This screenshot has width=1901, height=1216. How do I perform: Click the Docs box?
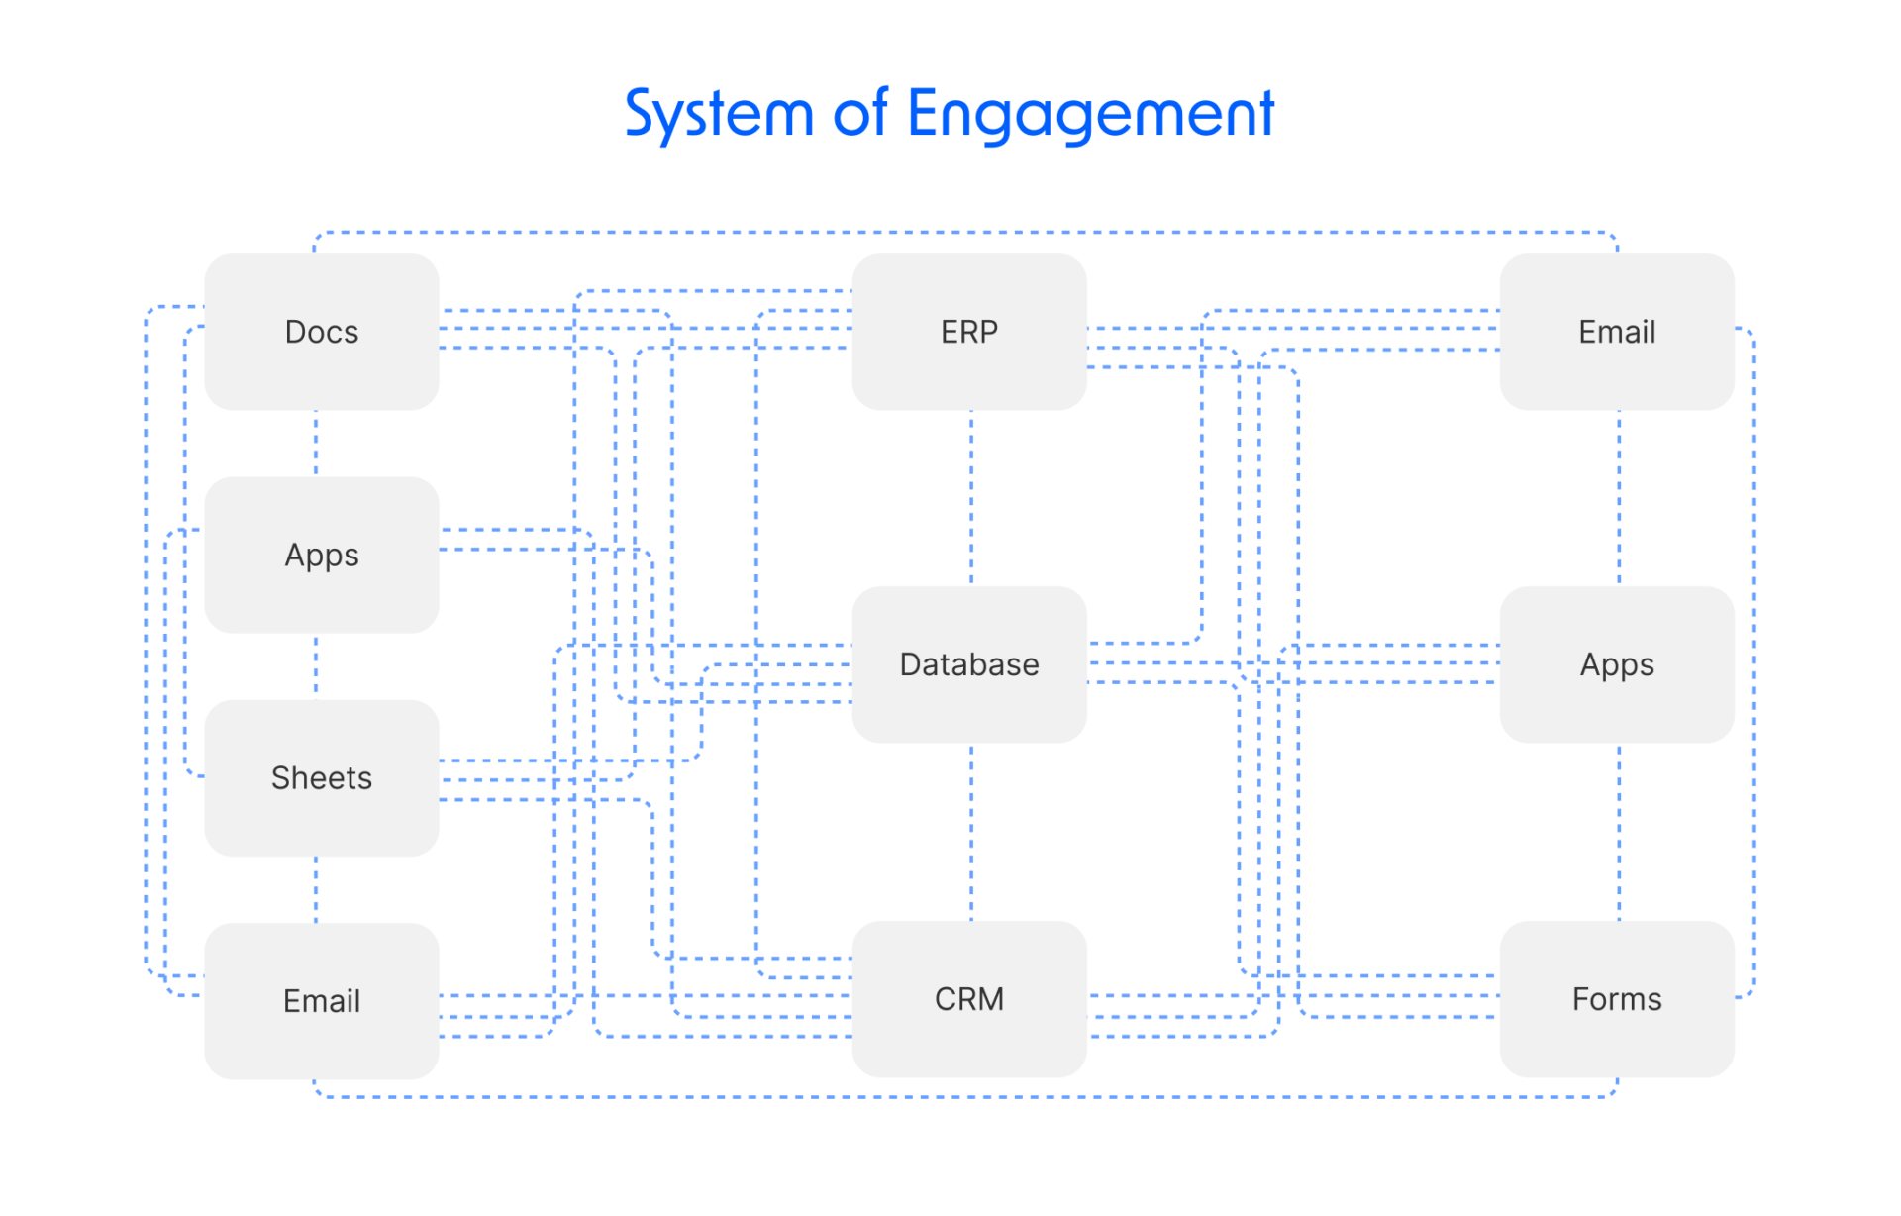(321, 332)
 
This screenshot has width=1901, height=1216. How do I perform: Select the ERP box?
(968, 332)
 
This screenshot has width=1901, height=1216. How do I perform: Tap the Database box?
(968, 664)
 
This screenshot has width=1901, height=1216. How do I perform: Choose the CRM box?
(968, 999)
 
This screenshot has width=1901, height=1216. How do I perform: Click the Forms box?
(1616, 999)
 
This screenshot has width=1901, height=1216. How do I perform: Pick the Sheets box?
(321, 778)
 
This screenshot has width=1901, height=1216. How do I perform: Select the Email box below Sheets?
(321, 1001)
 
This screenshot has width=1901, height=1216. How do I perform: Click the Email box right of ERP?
(1616, 332)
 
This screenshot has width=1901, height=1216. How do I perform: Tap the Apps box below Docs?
(321, 556)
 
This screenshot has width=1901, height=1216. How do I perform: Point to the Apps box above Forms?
(1616, 664)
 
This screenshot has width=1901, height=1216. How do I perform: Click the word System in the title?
(718, 114)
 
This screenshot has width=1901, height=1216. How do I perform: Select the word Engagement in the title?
(1090, 114)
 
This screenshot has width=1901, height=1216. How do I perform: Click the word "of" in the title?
(859, 114)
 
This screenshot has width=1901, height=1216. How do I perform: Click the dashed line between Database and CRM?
(971, 832)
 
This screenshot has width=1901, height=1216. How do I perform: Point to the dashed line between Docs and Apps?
(316, 444)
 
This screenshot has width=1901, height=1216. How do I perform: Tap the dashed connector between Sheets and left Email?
(316, 889)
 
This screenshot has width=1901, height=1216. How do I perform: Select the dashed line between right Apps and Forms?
(1619, 832)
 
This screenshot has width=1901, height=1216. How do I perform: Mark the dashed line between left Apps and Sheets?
(316, 666)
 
